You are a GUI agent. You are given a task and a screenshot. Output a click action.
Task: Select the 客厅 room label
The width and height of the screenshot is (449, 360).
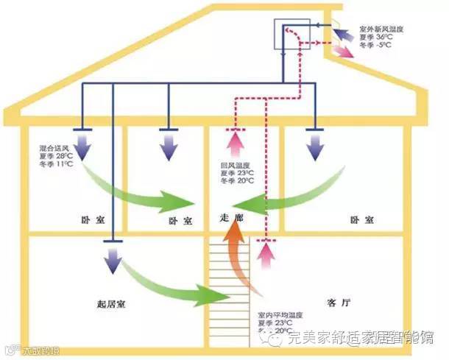[336, 303]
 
